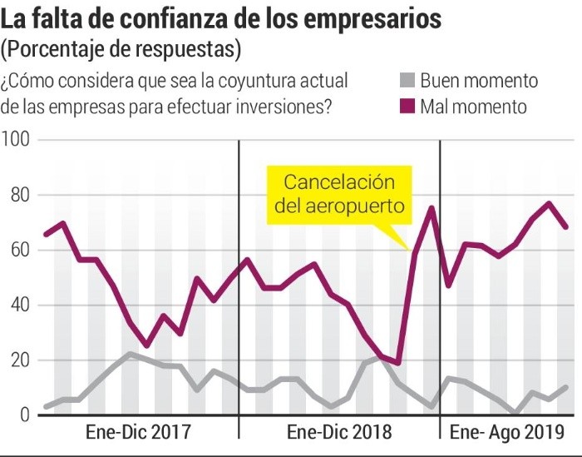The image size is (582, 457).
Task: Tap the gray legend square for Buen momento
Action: tap(405, 81)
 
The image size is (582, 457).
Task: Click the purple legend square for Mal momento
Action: tap(405, 107)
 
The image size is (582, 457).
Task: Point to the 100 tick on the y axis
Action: tap(16, 140)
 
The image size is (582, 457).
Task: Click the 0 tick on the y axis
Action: tap(24, 415)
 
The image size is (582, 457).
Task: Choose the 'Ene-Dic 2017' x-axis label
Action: tap(138, 433)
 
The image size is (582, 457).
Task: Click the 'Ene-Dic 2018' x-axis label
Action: tap(338, 433)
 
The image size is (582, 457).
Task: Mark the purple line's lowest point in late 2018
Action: tap(398, 363)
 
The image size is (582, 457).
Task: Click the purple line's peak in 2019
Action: tap(550, 203)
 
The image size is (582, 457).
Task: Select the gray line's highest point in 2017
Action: tap(130, 354)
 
